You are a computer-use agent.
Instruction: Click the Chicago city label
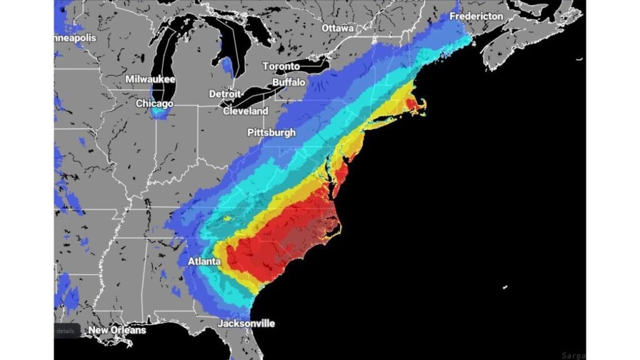(x=155, y=103)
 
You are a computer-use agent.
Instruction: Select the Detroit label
(x=224, y=94)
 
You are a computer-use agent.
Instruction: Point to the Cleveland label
(x=246, y=111)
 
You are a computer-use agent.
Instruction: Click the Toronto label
(x=281, y=66)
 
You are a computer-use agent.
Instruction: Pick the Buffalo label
(x=289, y=82)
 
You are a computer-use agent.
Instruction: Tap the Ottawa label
(x=337, y=28)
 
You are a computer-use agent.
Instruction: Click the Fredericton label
(x=476, y=16)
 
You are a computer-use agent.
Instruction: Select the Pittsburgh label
(x=271, y=132)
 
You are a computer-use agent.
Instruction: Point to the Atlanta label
(x=204, y=261)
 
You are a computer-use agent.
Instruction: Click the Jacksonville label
(x=246, y=324)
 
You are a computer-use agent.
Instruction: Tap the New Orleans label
(x=117, y=330)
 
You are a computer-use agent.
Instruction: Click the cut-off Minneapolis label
(x=75, y=38)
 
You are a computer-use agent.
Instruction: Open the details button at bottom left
(x=65, y=331)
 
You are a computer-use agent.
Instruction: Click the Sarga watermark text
(x=571, y=354)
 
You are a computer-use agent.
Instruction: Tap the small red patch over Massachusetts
(x=412, y=102)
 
